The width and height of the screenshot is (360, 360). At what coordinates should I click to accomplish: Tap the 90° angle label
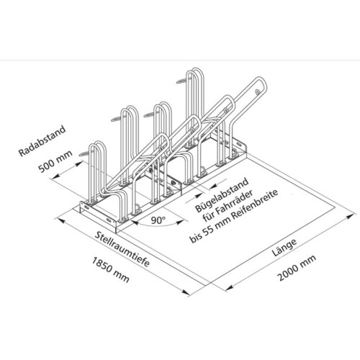(158, 216)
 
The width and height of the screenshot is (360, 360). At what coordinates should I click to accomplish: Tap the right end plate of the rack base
(244, 151)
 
